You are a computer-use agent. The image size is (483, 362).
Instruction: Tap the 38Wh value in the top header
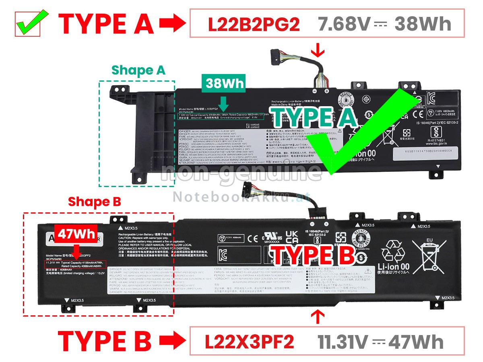(x=423, y=25)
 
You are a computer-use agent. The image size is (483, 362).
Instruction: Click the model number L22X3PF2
(x=249, y=342)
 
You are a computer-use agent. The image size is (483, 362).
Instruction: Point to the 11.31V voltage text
(x=343, y=342)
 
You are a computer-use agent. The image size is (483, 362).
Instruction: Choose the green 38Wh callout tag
(x=225, y=83)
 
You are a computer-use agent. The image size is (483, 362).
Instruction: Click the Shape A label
(x=138, y=70)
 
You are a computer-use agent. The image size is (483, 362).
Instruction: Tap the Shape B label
(x=94, y=202)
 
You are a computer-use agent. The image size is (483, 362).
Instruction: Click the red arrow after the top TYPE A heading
(x=172, y=24)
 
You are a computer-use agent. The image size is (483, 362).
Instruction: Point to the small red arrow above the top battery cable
(x=318, y=51)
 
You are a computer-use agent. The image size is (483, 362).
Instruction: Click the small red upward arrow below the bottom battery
(x=318, y=317)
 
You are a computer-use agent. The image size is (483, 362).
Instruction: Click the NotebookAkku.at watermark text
(x=242, y=197)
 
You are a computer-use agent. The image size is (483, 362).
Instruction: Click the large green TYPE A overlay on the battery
(x=314, y=117)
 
